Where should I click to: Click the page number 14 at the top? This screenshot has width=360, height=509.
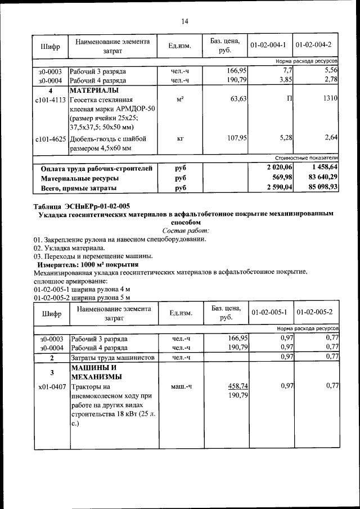click(x=184, y=21)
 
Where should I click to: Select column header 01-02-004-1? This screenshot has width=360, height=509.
click(x=269, y=45)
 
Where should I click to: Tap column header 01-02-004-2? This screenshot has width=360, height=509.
click(x=314, y=45)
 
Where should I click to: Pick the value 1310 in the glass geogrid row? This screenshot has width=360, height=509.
click(x=330, y=99)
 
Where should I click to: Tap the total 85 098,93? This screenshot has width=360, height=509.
click(x=320, y=188)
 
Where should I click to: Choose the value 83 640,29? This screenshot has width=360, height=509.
click(x=320, y=178)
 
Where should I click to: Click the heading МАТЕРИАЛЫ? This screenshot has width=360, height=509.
click(x=93, y=90)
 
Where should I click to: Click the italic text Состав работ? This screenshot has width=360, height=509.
click(x=185, y=230)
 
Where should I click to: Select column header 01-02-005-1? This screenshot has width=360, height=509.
click(x=269, y=312)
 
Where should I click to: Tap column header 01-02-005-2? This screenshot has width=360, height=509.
click(x=314, y=312)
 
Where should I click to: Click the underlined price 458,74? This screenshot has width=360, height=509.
click(x=238, y=386)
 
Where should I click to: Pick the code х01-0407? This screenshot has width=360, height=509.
click(x=51, y=387)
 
